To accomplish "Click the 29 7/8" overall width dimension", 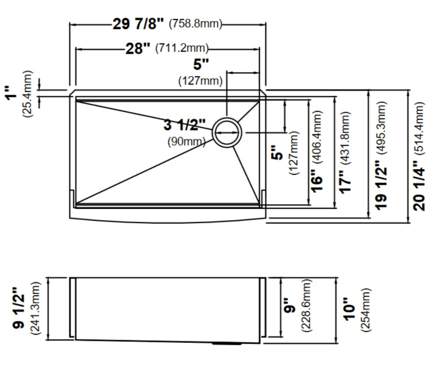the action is tap(138, 24).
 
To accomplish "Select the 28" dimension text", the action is tap(138, 49).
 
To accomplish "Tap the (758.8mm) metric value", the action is tap(195, 24).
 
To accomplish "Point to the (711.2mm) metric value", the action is tap(182, 48).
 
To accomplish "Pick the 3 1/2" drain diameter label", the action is tap(185, 125).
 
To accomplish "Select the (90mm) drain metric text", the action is tap(186, 141).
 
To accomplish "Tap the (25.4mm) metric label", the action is tap(27, 94).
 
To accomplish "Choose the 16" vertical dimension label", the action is tap(317, 181).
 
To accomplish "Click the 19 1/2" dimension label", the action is tap(381, 185).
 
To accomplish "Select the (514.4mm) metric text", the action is tap(419, 128).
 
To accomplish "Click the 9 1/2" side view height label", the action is tap(19, 308).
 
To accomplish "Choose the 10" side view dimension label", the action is tap(349, 309).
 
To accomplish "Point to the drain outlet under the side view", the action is tap(226, 343).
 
